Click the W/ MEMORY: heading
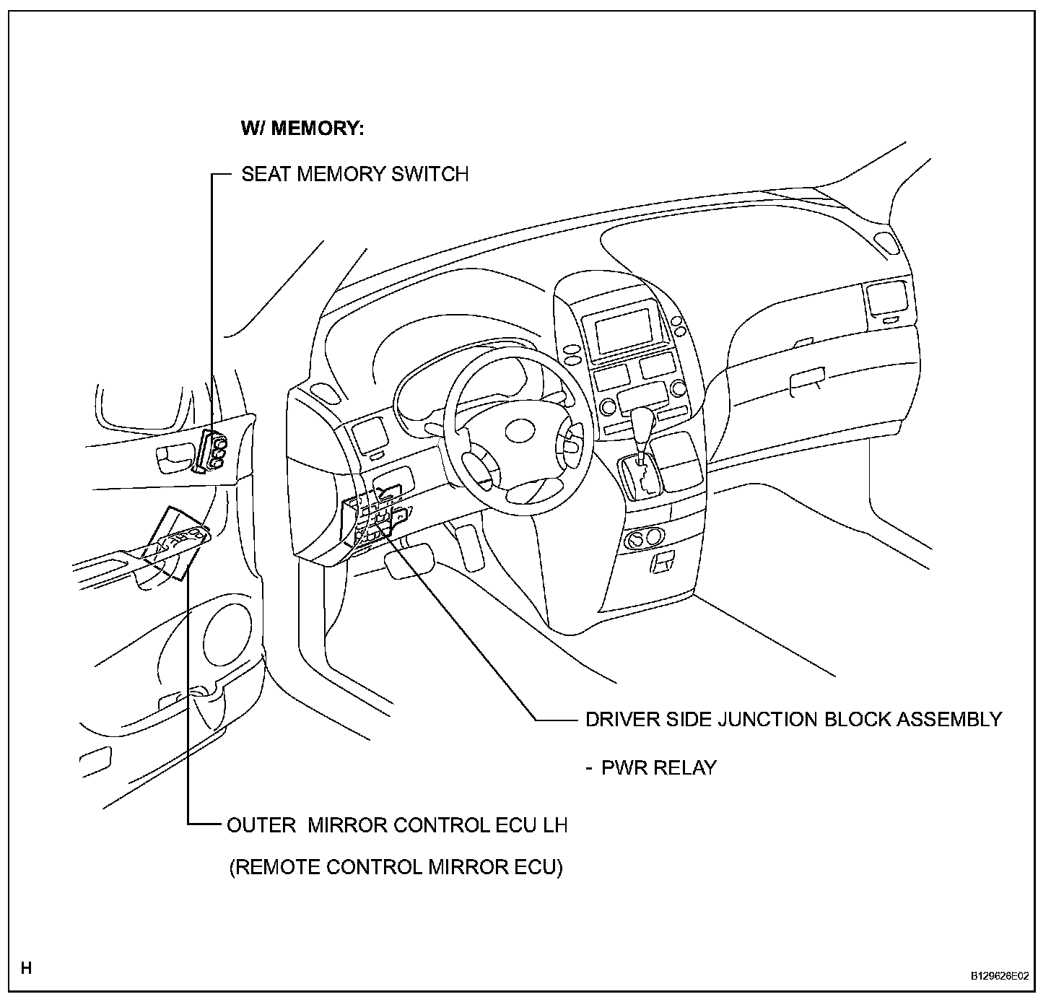(x=302, y=128)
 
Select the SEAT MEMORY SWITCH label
(x=354, y=174)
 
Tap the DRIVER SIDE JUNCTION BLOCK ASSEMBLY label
(x=793, y=719)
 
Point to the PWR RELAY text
(x=658, y=767)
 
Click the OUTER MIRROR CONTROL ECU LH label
(x=397, y=824)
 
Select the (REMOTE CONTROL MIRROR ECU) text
(x=396, y=866)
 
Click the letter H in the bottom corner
(x=27, y=968)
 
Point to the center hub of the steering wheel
(x=517, y=431)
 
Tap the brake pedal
(x=409, y=562)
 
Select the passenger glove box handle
(x=808, y=380)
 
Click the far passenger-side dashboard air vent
(x=886, y=299)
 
